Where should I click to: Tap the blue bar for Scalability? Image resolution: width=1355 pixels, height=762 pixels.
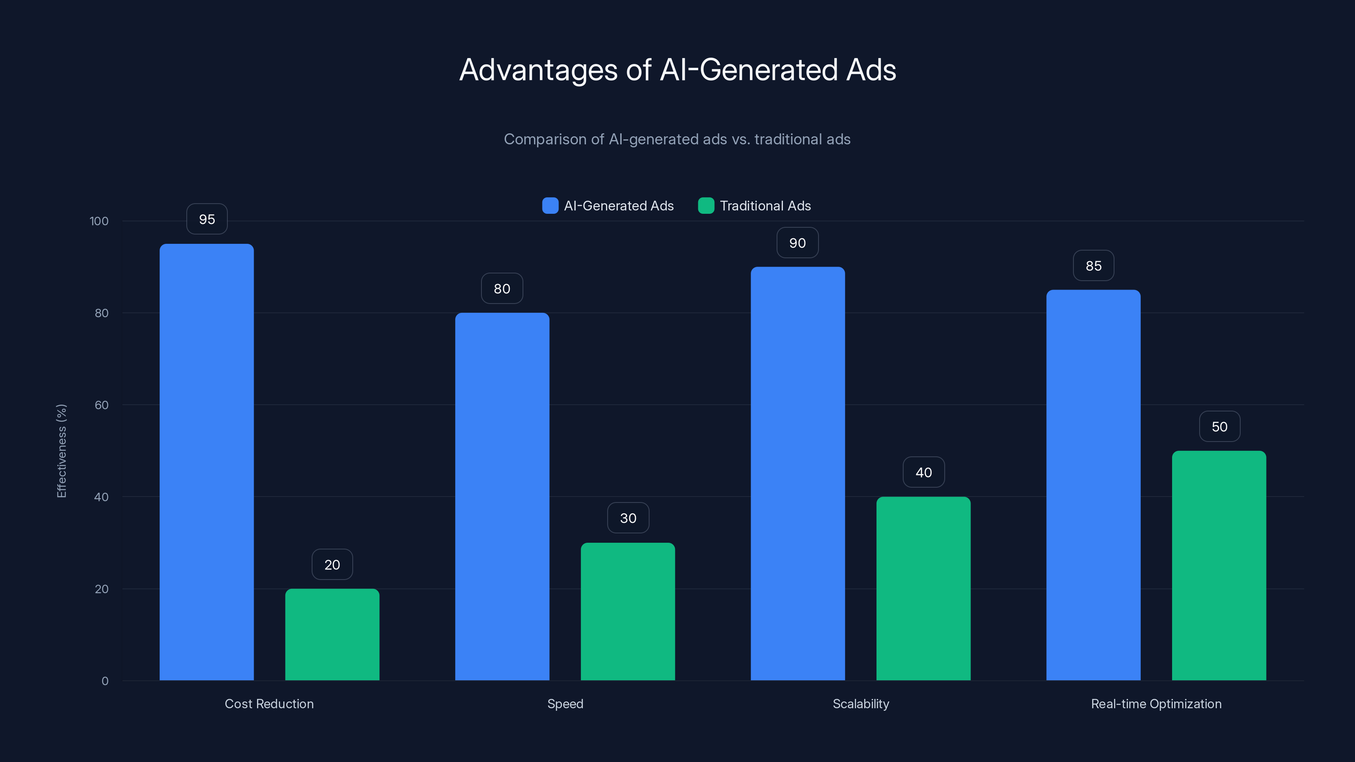tap(797, 473)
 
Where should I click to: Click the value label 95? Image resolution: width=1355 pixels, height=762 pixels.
tap(207, 219)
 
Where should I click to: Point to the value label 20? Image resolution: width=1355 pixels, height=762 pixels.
tap(332, 565)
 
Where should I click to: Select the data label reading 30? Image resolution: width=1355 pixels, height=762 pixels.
tap(628, 518)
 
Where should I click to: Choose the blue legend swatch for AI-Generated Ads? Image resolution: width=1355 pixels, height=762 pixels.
tap(550, 206)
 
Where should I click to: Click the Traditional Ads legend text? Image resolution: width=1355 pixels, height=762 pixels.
tap(765, 206)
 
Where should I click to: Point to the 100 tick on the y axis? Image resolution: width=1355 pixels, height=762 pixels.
tap(99, 221)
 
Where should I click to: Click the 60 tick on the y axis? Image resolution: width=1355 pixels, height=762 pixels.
tap(102, 405)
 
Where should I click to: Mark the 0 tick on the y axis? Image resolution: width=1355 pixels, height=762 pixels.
tap(105, 681)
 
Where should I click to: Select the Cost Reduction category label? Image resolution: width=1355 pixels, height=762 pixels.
tap(269, 704)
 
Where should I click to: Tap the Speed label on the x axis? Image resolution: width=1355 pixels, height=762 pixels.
tap(565, 704)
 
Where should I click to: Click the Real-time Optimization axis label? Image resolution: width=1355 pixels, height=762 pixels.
tap(1156, 704)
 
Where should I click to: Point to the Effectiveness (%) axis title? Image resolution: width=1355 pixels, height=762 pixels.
tap(61, 451)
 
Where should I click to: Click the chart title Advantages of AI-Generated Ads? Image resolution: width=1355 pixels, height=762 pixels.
tap(677, 70)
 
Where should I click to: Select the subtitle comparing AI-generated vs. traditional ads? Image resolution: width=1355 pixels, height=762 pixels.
tap(677, 139)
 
